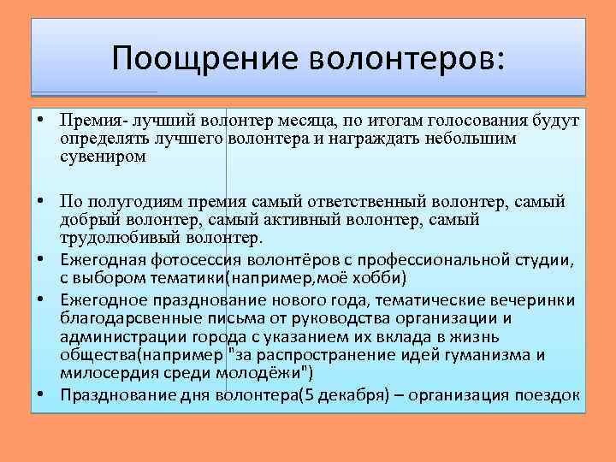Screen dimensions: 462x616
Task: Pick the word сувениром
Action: click(104, 157)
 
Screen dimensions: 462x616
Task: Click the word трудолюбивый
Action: click(115, 237)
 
